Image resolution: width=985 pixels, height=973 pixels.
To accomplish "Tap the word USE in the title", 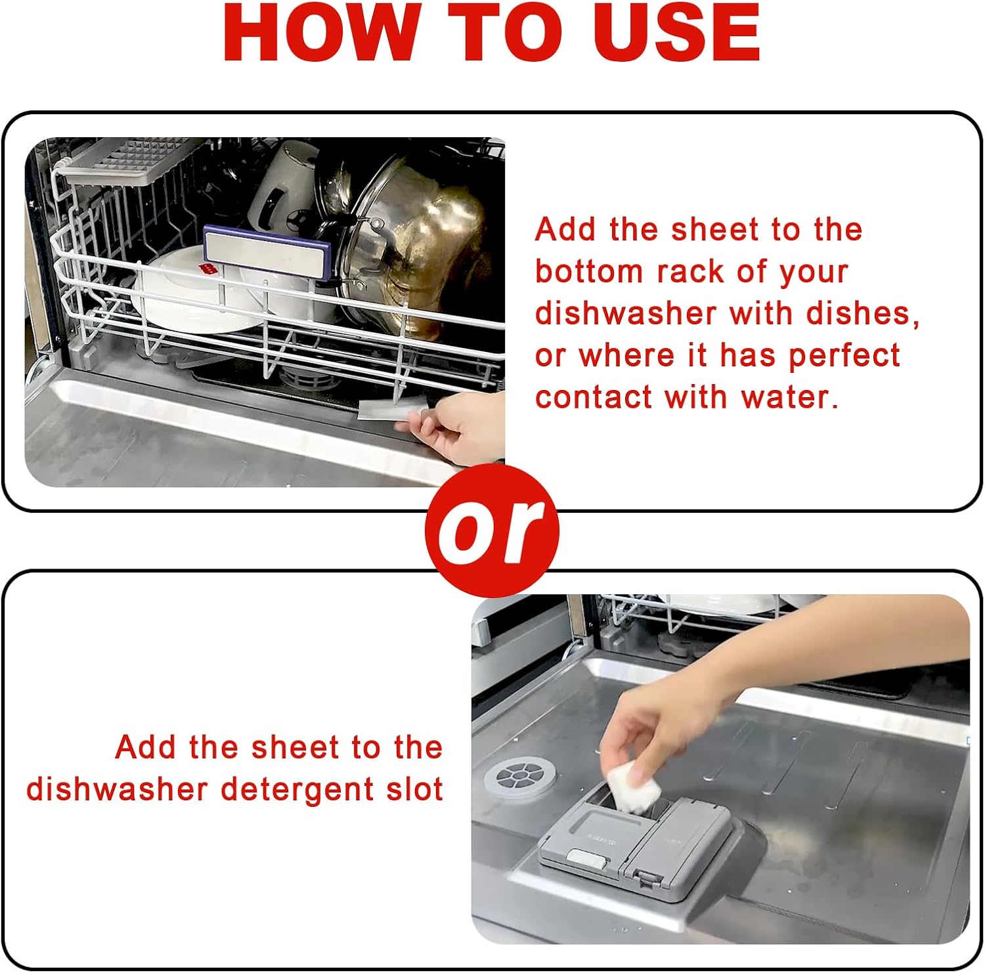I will tap(676, 33).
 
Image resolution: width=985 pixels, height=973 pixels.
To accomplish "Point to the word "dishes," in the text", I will tap(862, 313).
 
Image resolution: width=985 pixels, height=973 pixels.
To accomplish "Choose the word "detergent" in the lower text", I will tap(298, 789).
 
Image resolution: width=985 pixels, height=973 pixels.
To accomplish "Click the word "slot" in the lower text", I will tap(414, 789).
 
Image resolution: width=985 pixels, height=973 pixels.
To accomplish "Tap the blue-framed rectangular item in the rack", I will tap(267, 252).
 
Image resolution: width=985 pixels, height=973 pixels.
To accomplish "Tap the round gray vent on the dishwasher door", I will tap(519, 777).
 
